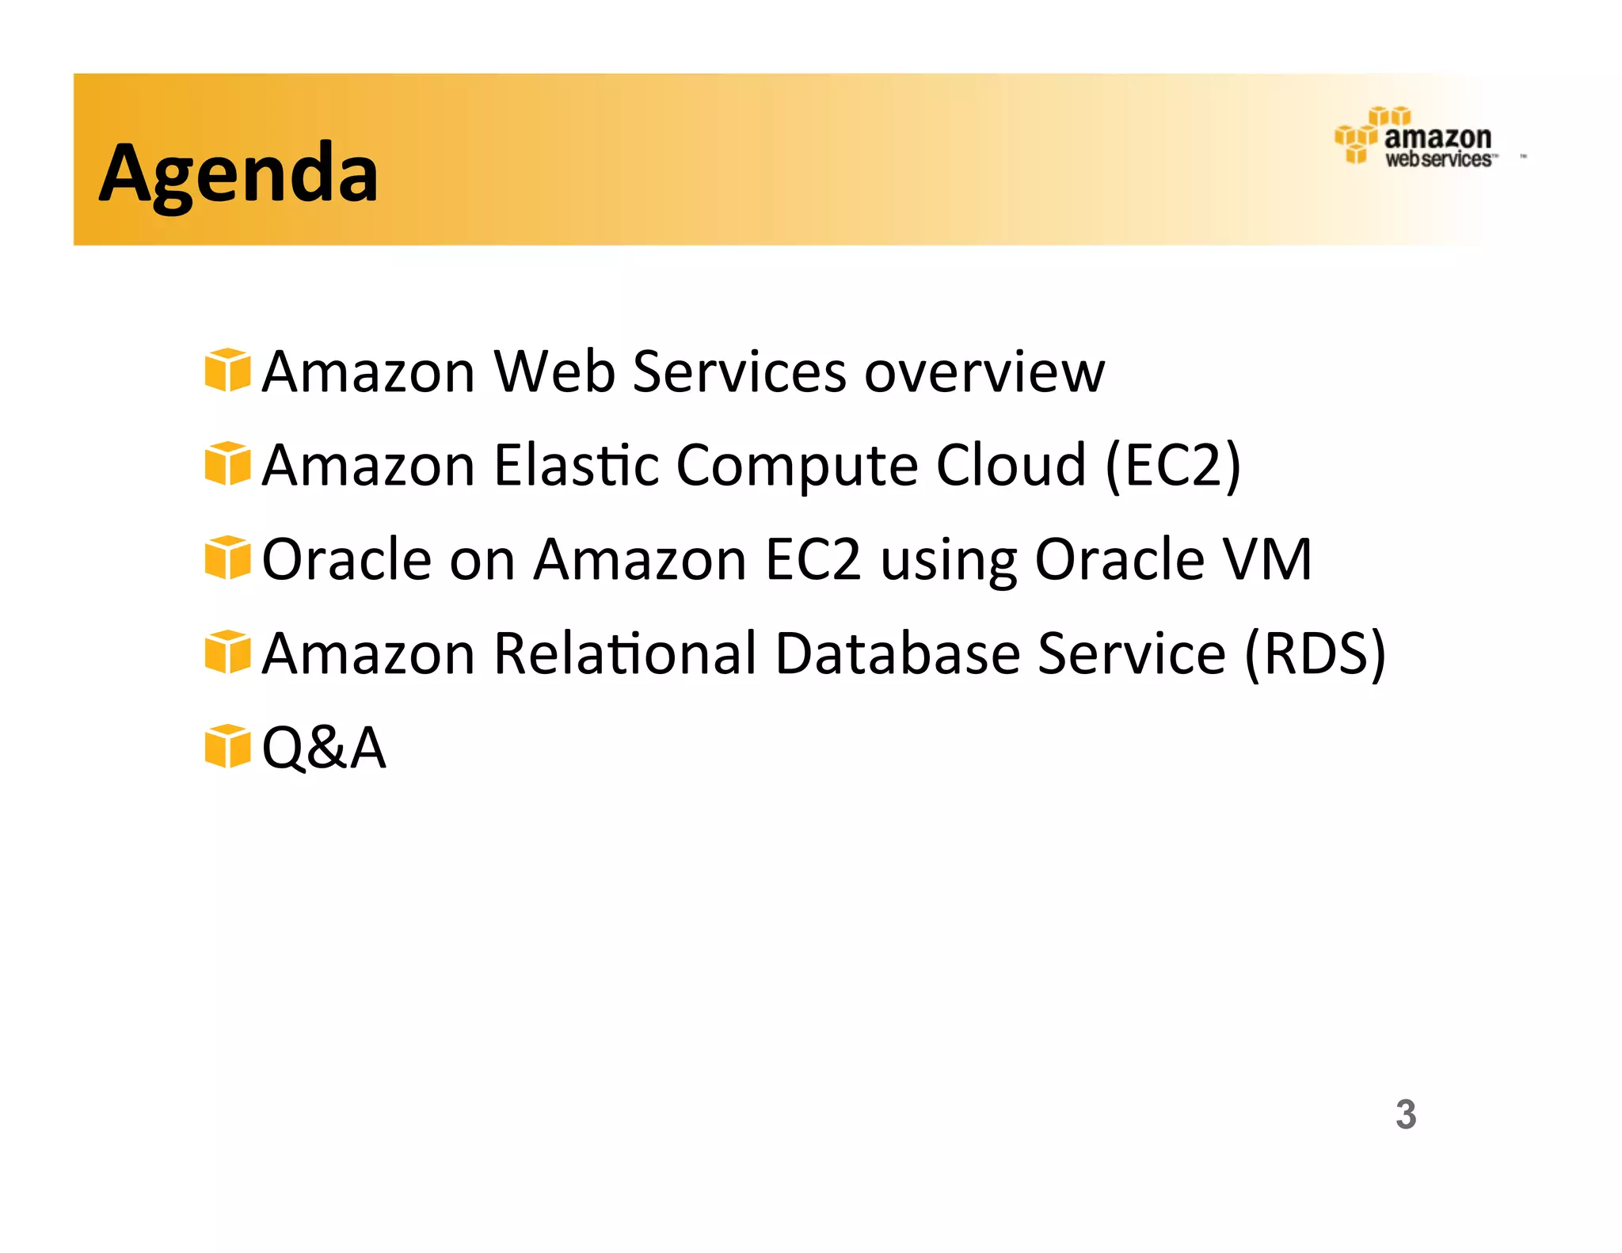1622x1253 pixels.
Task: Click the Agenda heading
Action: [238, 173]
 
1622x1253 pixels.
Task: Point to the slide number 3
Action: [1406, 1114]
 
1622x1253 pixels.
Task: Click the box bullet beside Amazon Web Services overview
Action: [227, 370]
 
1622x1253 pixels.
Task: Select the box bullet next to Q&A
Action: [227, 746]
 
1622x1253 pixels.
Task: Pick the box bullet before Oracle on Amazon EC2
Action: [227, 558]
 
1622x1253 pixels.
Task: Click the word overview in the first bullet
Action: [984, 371]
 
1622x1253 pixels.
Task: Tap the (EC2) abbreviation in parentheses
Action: [1173, 466]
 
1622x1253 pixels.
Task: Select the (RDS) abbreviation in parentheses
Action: [1315, 654]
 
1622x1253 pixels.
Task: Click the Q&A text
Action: [324, 748]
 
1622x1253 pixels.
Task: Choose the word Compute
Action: [796, 467]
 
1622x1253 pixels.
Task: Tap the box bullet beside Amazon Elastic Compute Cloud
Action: [227, 464]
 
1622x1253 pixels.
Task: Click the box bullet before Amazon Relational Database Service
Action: [227, 652]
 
